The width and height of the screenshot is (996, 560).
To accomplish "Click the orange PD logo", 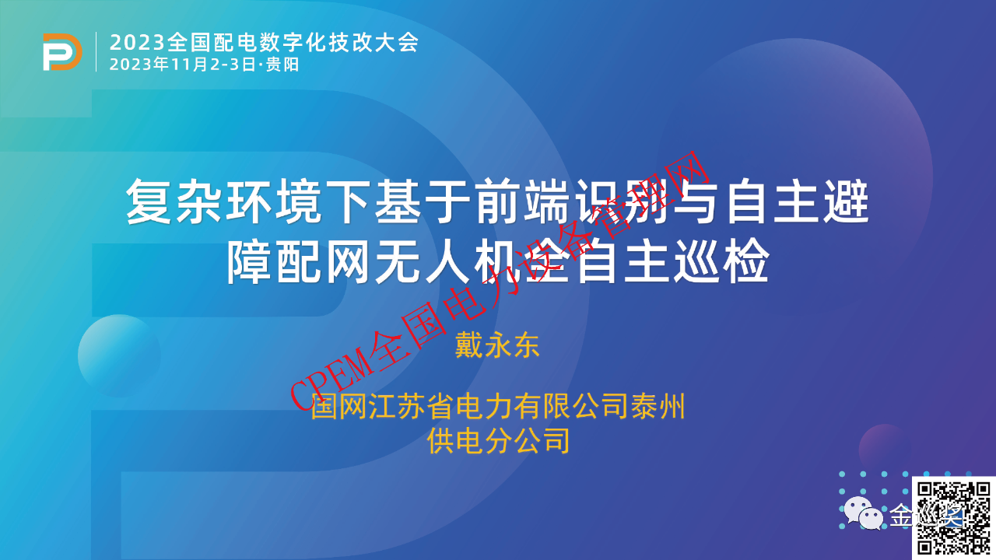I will coord(62,52).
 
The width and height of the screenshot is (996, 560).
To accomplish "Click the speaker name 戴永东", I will coord(497,345).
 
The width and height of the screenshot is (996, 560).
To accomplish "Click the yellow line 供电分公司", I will coord(498,440).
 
